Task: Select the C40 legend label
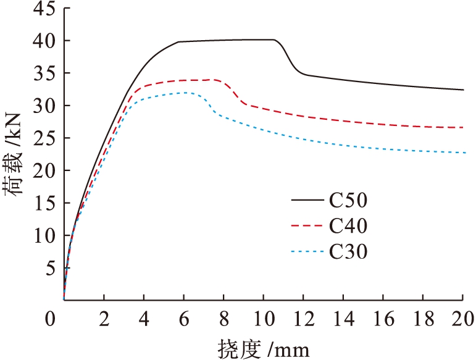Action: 348,226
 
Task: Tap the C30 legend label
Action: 348,251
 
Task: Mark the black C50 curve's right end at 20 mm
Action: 463,90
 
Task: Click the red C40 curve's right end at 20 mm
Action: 463,127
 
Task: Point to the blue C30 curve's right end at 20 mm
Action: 463,153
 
